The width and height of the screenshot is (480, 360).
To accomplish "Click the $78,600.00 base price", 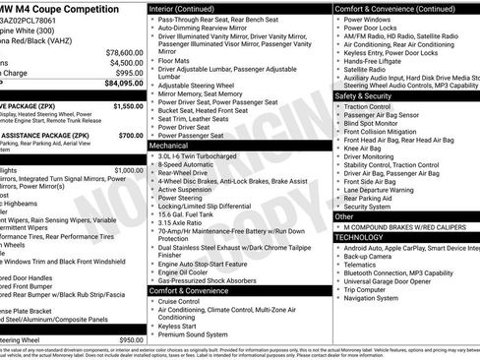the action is point(123,52).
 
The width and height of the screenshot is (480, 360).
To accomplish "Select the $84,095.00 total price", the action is point(121,84).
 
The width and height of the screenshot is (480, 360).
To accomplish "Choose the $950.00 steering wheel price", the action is point(131,340).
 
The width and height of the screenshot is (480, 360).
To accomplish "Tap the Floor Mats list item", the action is point(175,60).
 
